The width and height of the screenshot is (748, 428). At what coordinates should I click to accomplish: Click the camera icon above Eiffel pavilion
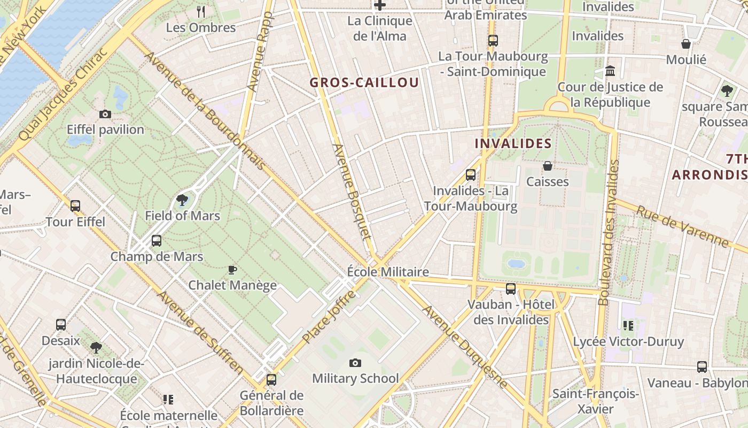105,114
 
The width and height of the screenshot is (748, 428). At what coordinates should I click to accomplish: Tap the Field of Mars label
182,216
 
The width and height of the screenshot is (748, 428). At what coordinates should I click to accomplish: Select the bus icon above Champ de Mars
157,241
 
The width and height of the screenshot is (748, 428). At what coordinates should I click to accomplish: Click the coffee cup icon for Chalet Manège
232,270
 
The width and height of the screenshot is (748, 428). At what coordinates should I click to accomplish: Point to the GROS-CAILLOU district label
364,82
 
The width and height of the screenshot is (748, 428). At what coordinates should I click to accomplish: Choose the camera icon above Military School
355,363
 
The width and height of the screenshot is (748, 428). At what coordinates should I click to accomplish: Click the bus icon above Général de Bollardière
271,380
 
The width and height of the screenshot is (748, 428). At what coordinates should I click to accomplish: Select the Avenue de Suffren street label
200,332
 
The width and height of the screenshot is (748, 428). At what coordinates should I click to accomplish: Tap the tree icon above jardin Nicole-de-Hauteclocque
96,348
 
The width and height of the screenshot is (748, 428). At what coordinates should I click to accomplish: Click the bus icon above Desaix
61,325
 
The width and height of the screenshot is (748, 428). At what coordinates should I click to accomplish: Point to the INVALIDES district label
513,143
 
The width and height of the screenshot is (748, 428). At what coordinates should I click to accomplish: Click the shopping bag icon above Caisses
548,166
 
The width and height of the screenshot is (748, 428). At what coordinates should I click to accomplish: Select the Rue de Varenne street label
682,227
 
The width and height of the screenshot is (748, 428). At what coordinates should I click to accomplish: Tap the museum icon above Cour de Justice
610,71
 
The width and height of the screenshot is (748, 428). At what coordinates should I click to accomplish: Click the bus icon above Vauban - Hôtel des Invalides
511,289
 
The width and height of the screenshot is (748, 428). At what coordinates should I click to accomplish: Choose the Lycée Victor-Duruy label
628,341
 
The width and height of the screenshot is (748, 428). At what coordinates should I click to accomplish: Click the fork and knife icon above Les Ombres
201,11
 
